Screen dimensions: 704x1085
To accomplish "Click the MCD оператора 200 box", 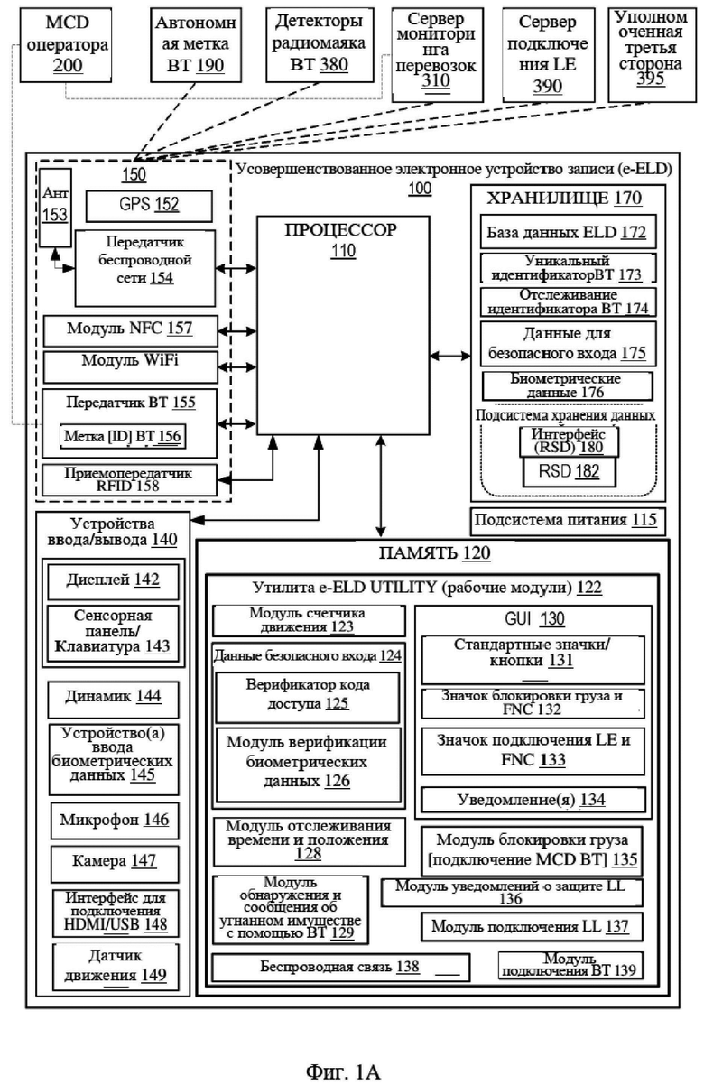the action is pos(66,44).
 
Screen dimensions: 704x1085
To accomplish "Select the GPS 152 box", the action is pos(149,206).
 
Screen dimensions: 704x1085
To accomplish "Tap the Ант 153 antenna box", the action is pos(55,208).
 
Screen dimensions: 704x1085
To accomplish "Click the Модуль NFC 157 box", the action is pos(130,331).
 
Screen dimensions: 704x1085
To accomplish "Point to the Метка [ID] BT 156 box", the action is pos(123,436).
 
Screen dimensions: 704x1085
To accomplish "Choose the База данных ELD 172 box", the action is pos(568,232).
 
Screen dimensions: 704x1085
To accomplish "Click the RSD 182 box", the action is pos(569,472).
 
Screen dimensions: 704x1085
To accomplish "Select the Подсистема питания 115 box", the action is pos(568,521).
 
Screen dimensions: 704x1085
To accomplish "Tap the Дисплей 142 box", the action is pos(113,581).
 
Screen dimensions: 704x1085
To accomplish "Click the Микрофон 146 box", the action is pos(115,821).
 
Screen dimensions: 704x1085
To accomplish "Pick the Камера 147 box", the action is pos(115,862).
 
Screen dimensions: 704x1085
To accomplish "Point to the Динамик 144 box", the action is pos(113,699).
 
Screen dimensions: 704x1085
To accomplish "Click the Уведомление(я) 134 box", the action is pos(533,800).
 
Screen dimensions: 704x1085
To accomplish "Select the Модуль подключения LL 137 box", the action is pos(532,927).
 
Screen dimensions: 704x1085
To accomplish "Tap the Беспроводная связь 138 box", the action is pos(341,968).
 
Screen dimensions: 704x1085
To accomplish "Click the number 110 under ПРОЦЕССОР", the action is pos(343,251).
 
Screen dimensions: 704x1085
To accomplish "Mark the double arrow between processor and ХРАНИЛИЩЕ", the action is pos(449,356).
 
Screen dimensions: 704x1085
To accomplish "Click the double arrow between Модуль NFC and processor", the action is pos(236,331).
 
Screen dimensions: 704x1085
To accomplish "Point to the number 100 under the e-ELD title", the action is pos(420,189).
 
